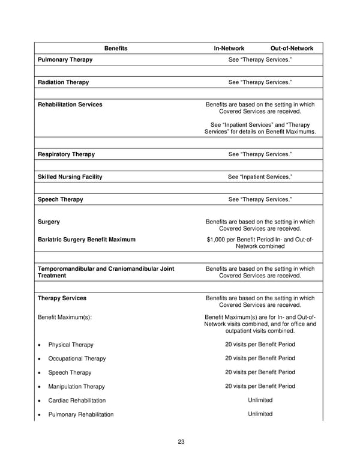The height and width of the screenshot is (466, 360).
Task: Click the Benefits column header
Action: pyautogui.click(x=116, y=48)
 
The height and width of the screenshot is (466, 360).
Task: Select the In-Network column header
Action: pyautogui.click(x=229, y=48)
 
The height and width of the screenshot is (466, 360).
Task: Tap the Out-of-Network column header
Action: pyautogui.click(x=292, y=48)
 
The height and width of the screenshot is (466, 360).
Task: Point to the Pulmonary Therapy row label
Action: pyautogui.click(x=65, y=60)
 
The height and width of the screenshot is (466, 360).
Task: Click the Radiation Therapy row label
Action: pyautogui.click(x=63, y=82)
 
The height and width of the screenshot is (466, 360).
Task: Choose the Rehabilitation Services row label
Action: pyautogui.click(x=70, y=104)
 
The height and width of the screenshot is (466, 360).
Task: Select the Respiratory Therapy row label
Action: pyautogui.click(x=66, y=154)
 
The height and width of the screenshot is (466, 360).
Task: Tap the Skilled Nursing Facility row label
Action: pyautogui.click(x=70, y=177)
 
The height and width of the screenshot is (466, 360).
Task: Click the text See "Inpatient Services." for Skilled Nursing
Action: pyautogui.click(x=260, y=177)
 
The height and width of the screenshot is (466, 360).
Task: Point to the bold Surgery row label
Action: pyautogui.click(x=49, y=222)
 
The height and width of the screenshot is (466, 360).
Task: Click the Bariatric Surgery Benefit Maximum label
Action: pyautogui.click(x=86, y=240)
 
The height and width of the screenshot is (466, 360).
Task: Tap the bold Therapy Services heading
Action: pyautogui.click(x=62, y=298)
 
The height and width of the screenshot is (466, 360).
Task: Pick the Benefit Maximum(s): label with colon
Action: pyautogui.click(x=65, y=316)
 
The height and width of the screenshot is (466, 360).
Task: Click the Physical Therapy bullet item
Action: pyautogui.click(x=71, y=345)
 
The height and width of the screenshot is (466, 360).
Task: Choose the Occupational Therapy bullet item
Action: pyautogui.click(x=77, y=359)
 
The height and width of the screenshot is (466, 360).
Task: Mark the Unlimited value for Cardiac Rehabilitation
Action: pyautogui.click(x=260, y=400)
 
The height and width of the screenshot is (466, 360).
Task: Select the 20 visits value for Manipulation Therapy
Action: pyautogui.click(x=260, y=386)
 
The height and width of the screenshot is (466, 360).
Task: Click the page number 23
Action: pyautogui.click(x=181, y=442)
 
